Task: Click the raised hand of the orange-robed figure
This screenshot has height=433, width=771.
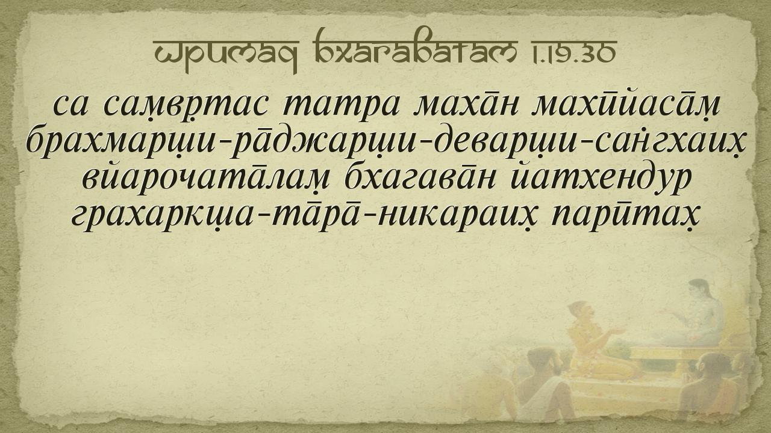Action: (x=614, y=331)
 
